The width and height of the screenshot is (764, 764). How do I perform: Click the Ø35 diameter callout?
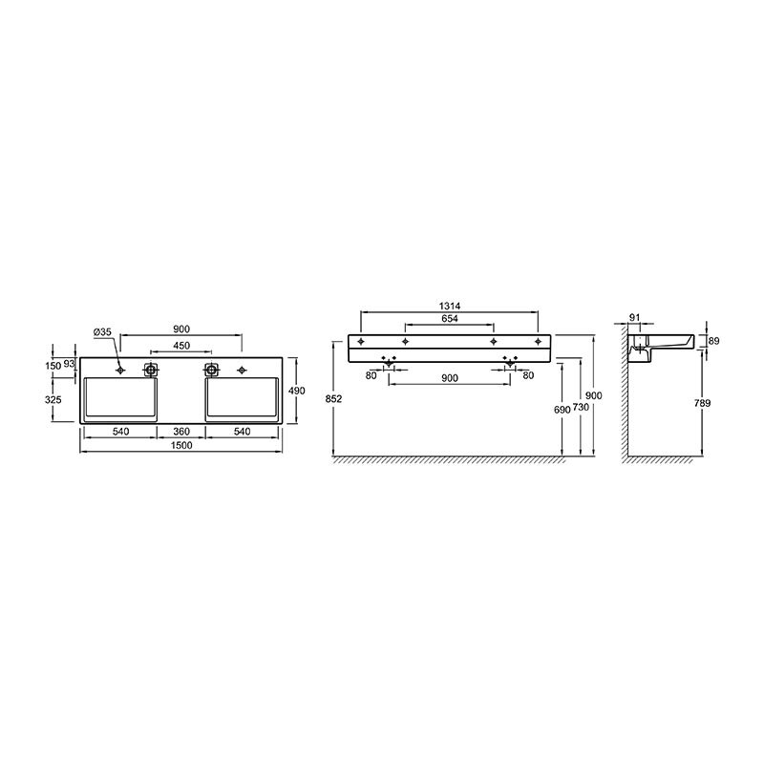coord(102,332)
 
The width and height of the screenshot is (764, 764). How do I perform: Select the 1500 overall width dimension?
coord(181,445)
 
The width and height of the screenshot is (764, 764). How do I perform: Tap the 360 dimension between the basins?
coord(181,432)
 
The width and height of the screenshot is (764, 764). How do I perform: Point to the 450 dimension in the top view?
coord(181,346)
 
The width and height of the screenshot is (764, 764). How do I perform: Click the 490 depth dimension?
coord(297,391)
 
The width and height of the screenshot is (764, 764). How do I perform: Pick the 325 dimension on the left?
coord(53,399)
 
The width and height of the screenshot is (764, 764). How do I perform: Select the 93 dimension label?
coord(69,364)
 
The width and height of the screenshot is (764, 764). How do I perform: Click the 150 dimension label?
coord(53,365)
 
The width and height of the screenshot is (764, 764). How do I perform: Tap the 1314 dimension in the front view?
coord(449,306)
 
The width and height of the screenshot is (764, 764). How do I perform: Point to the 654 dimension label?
coord(449,319)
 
